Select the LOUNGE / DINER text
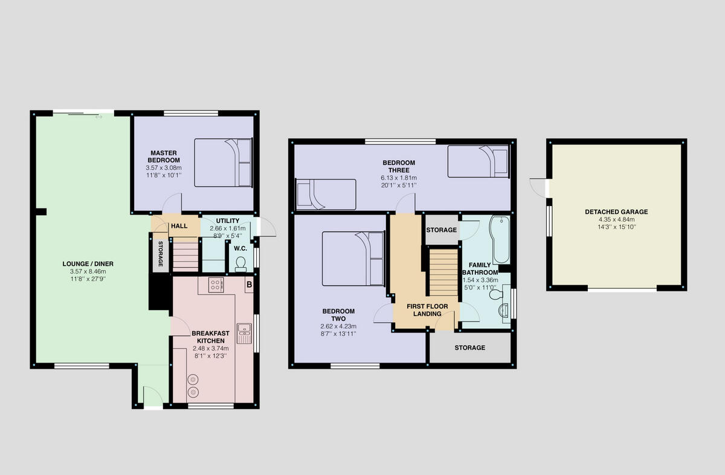(x=88, y=263)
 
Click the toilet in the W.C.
(x=241, y=263)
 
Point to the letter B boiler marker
(x=248, y=283)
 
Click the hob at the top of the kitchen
(x=216, y=285)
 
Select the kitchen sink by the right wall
(x=244, y=331)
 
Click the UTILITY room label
(x=224, y=221)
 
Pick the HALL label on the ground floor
(x=179, y=226)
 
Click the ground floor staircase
(x=185, y=256)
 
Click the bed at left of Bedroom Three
(x=325, y=194)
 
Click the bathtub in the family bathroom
(x=501, y=239)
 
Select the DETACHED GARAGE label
(x=616, y=212)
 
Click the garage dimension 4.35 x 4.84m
(x=616, y=219)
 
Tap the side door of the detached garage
(x=540, y=187)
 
